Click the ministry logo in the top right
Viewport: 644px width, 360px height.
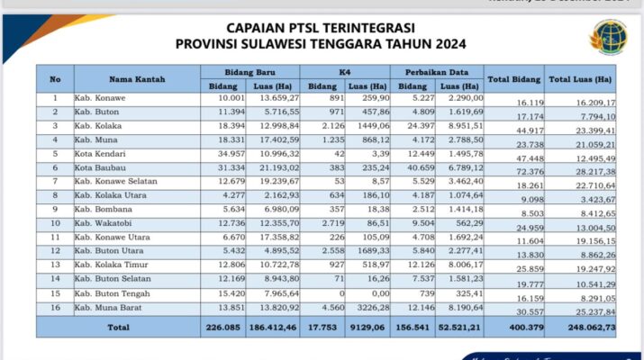pyautogui.click(x=608, y=37)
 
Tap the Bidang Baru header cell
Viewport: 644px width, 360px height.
pyautogui.click(x=249, y=70)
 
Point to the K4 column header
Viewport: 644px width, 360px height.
pyautogui.click(x=345, y=70)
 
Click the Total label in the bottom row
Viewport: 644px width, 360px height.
pyautogui.click(x=119, y=326)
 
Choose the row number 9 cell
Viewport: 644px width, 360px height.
pyautogui.click(x=54, y=208)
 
